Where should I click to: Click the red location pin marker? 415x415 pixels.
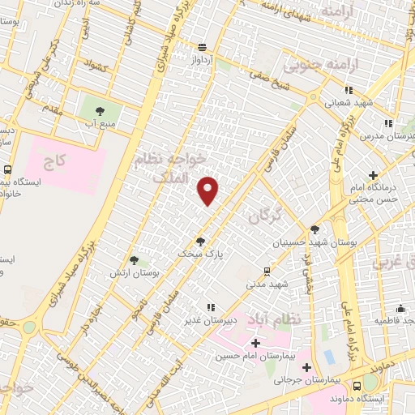pyautogui.click(x=209, y=190)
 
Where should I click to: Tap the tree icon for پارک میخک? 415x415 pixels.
pyautogui.click(x=200, y=241)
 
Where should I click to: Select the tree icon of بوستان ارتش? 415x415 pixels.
pyautogui.click(x=135, y=260)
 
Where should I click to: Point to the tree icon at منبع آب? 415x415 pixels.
pyautogui.click(x=101, y=110)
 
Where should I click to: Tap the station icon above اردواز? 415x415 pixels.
pyautogui.click(x=201, y=47)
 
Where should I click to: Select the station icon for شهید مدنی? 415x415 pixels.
pyautogui.click(x=267, y=272)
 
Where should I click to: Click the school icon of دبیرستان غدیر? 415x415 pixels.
pyautogui.click(x=210, y=307)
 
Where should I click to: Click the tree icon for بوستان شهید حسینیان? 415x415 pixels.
pyautogui.click(x=314, y=229)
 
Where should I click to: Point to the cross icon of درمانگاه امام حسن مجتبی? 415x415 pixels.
pyautogui.click(x=373, y=175)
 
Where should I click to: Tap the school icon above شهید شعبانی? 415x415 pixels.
pyautogui.click(x=348, y=91)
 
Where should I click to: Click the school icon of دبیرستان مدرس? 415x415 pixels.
pyautogui.click(x=388, y=123)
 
